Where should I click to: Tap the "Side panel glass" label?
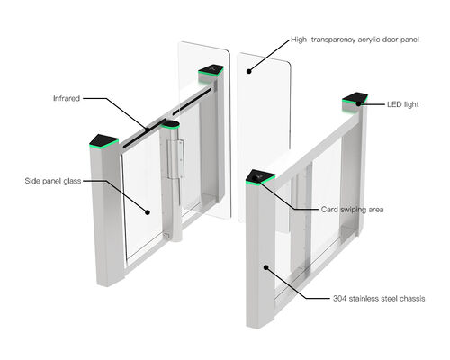(x=52, y=181)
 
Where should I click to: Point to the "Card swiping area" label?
(x=353, y=209)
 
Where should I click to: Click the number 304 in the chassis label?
(x=329, y=298)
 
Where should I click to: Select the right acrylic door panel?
(x=263, y=135)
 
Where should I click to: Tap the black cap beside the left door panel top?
(x=212, y=69)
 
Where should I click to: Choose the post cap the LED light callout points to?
(x=354, y=99)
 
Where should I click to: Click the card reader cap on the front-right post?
(x=259, y=175)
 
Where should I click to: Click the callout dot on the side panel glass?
(x=148, y=213)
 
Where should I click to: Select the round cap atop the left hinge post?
(x=172, y=123)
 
